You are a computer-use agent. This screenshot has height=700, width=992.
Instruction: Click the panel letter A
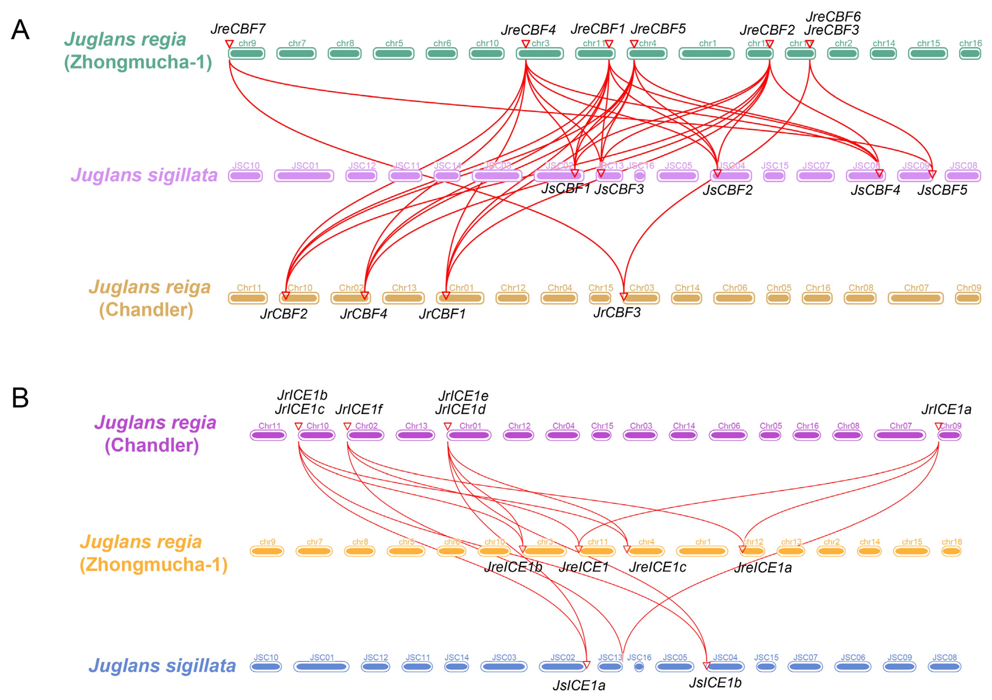(20, 30)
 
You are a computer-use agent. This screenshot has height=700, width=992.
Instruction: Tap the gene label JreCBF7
(238, 29)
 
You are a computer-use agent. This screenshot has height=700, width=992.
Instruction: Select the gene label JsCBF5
(942, 190)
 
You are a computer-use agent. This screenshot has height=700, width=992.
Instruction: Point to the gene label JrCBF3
(617, 312)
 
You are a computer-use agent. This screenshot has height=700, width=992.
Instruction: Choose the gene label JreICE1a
(763, 567)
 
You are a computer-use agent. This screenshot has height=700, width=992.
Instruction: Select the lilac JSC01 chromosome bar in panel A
(304, 176)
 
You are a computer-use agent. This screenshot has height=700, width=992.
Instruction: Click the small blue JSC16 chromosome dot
(639, 667)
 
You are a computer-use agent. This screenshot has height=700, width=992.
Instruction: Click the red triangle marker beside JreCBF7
(229, 44)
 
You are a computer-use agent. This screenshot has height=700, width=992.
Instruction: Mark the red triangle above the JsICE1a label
(586, 664)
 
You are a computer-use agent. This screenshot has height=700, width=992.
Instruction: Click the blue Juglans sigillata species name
(162, 666)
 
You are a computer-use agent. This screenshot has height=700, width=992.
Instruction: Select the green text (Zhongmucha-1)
(138, 62)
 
